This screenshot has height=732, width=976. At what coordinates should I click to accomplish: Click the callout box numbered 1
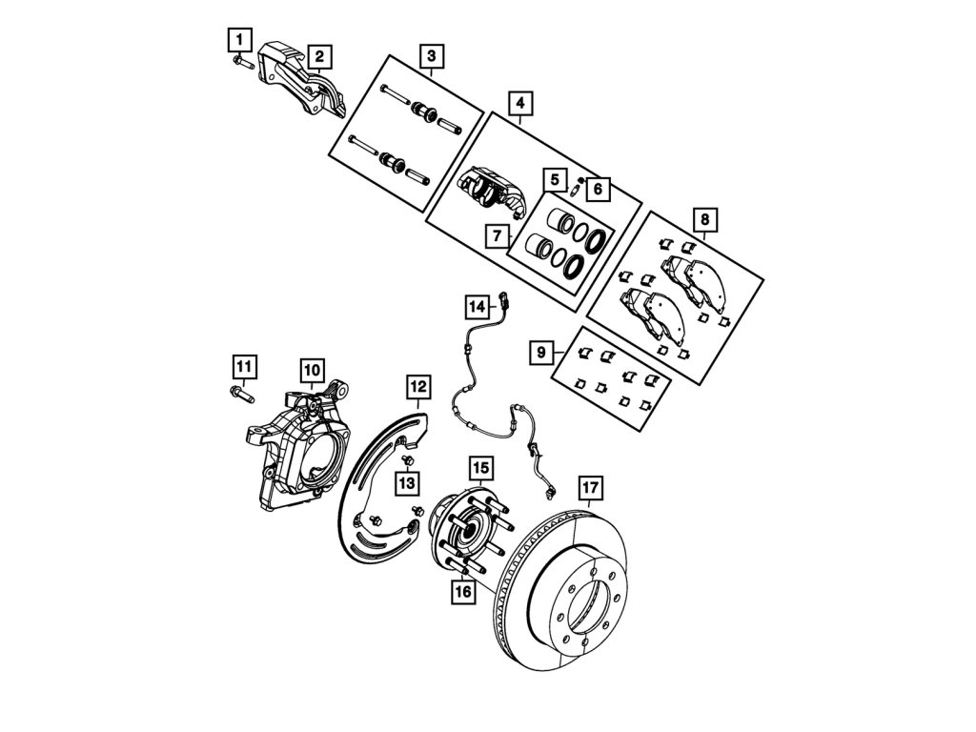point(238,40)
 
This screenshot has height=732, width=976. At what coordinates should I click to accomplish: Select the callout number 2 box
point(319,57)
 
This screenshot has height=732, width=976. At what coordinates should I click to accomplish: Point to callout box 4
point(520,101)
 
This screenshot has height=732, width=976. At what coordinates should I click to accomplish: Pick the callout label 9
point(541,354)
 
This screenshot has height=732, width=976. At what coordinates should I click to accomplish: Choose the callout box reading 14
point(477,306)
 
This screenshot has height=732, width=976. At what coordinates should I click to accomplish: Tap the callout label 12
point(417,386)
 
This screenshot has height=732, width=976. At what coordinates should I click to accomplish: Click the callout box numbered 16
point(463,592)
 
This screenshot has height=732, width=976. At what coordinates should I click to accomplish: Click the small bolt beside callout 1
point(239,63)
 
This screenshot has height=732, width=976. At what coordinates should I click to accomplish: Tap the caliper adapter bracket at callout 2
point(300,81)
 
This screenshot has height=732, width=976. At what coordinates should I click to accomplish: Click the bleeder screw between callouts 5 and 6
point(575,187)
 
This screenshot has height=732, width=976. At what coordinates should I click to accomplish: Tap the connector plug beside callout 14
point(504,303)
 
